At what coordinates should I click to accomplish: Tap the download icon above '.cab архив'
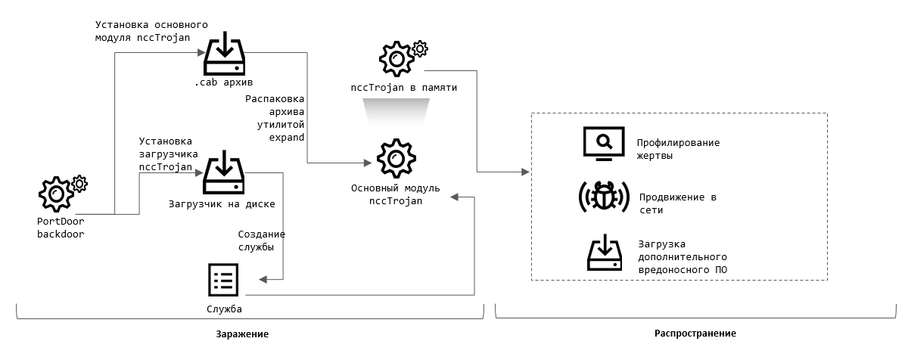point(224,51)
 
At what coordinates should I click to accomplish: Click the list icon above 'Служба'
point(223,281)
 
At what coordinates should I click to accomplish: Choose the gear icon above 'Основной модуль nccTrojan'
point(395,158)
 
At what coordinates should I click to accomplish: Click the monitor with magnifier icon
point(603,143)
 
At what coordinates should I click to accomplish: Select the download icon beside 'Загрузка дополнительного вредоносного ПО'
point(605,253)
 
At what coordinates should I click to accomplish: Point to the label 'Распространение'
point(694,334)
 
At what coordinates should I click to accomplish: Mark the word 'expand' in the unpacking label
point(287,138)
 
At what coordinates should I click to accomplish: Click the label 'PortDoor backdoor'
point(61,228)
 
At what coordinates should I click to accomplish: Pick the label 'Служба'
point(224,309)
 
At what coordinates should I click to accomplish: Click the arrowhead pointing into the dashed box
point(527,172)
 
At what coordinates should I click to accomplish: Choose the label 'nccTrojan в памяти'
point(403,88)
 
